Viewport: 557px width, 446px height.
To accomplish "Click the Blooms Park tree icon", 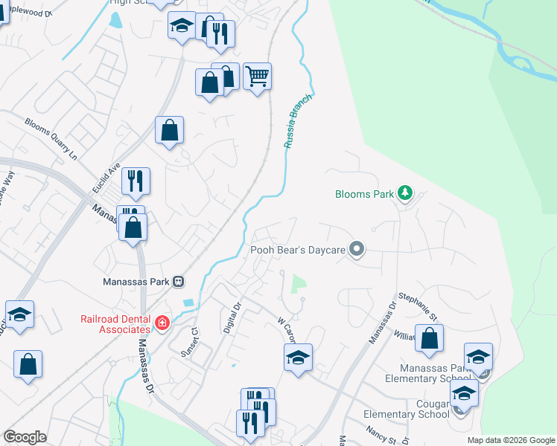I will (x=405, y=194).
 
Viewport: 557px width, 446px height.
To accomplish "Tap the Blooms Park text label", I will (x=363, y=195).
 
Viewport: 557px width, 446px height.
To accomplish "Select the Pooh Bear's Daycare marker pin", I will (x=357, y=250).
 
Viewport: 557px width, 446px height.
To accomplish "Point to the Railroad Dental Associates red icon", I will (x=162, y=323).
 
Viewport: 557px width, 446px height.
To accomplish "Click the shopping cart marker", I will (x=257, y=76).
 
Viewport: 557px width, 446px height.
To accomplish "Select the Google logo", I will (x=25, y=437).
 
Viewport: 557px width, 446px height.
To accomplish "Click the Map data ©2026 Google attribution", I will (x=511, y=440).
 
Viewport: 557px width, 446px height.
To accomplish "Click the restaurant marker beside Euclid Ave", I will (x=136, y=181).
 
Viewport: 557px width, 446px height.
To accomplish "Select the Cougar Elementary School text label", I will (x=406, y=414).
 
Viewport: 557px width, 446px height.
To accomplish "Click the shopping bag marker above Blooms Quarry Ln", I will (x=170, y=129).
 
